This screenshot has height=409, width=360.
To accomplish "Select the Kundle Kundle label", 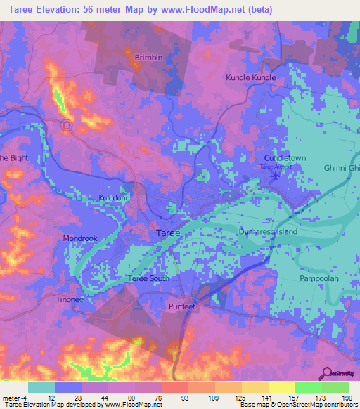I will pyautogui.click(x=250, y=77).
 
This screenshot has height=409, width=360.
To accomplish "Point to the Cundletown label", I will pyautogui.click(x=285, y=159).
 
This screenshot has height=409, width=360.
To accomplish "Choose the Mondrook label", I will pyautogui.click(x=79, y=238).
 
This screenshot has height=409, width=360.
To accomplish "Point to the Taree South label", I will pyautogui.click(x=148, y=280).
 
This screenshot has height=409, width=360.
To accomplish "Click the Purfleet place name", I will pyautogui.click(x=182, y=306).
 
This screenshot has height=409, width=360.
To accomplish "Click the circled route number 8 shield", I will pyautogui.click(x=67, y=125).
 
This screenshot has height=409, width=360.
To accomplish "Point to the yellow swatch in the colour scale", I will pyautogui.click(x=281, y=387).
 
